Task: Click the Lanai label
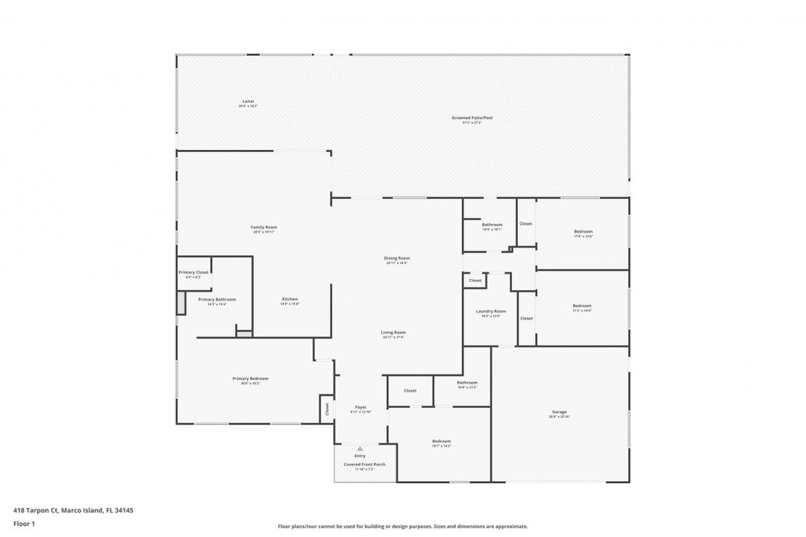coord(248,101)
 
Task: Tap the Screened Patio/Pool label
coord(472,118)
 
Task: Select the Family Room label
coord(263,227)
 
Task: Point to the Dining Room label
coord(397,258)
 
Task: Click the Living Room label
coord(393,333)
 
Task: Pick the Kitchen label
coord(290,299)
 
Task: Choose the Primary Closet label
coord(193,272)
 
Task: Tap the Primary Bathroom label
coord(216,299)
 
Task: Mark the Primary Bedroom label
coord(250,379)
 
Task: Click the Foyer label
coord(361,407)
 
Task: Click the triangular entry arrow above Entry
coord(360,449)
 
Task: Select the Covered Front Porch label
coord(364,464)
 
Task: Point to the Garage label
coord(560,412)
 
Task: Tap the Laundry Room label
coord(490,311)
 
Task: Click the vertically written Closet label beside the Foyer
coord(327,409)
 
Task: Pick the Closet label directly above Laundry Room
coord(475,280)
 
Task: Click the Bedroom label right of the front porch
coord(440,441)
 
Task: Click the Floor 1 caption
coord(24,524)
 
